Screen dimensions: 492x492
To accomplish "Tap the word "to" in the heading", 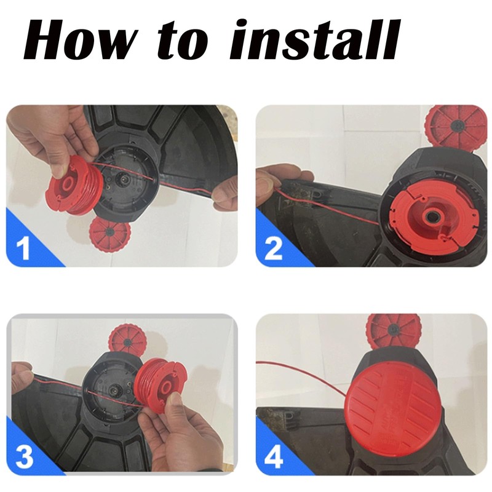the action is point(183,39).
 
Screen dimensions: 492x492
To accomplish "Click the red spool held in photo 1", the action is point(74,185).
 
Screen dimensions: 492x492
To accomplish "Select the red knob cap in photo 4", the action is point(394,331).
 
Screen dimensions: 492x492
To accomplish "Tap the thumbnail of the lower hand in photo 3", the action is point(176,399).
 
